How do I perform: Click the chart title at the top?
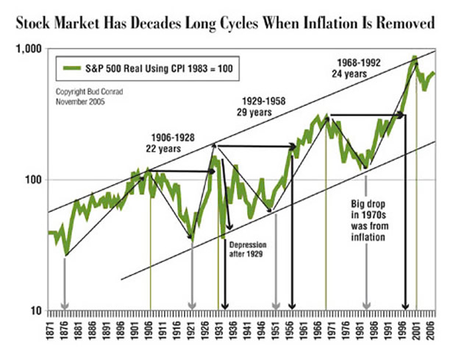228,24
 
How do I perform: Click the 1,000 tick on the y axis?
30,49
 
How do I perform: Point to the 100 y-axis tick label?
35,180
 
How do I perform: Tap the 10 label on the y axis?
37,311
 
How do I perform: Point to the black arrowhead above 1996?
405,306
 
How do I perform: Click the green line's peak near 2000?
415,57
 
